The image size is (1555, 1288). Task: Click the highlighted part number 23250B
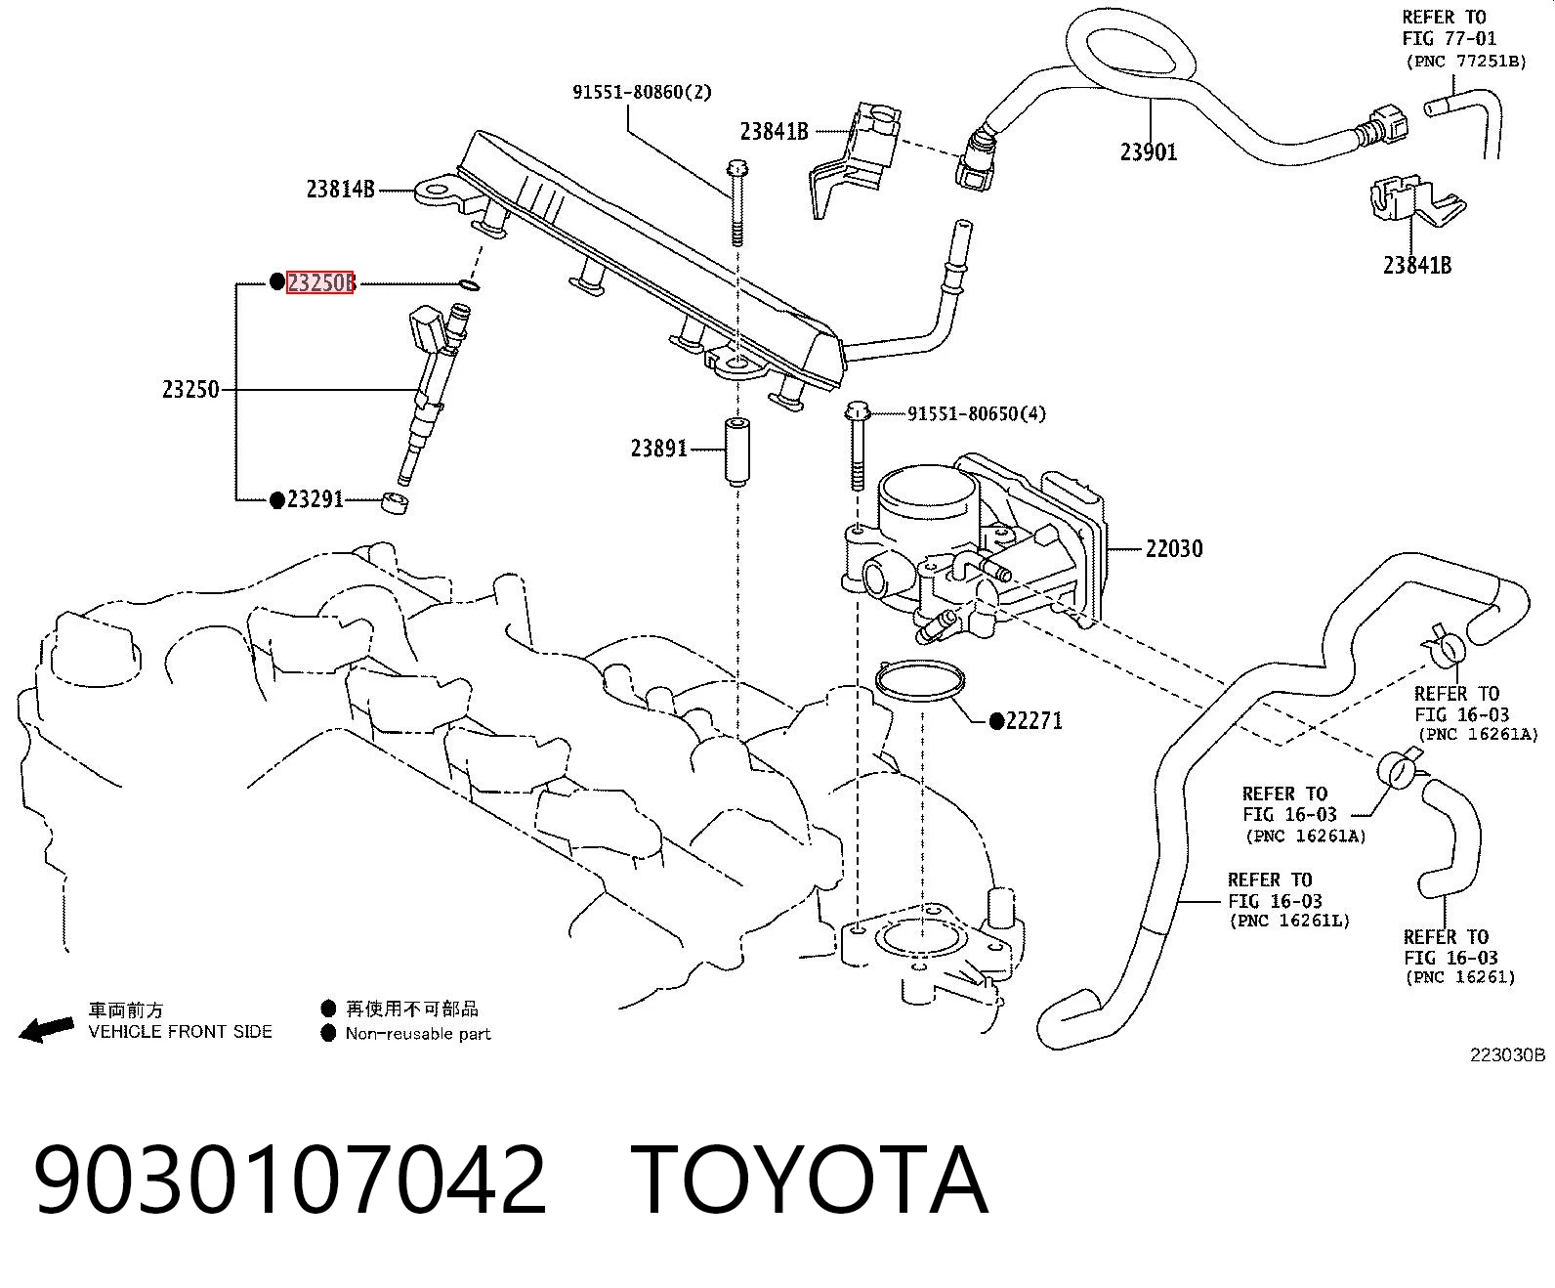point(320,282)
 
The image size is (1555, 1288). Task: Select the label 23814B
point(340,190)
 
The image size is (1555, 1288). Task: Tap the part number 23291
point(315,498)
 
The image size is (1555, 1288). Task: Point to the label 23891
point(658,448)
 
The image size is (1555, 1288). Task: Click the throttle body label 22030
point(1174,548)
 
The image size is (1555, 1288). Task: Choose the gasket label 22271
point(1033,721)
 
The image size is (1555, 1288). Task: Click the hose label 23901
point(1149,152)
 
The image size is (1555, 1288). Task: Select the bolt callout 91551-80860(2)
point(642,92)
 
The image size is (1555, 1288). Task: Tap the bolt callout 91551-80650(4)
point(977,413)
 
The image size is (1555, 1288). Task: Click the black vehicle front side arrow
point(46,1029)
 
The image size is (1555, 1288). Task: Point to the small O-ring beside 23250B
point(470,284)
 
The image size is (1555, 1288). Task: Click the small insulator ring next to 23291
point(395,503)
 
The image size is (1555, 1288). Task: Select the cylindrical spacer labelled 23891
point(737,452)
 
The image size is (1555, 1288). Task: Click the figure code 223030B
point(1507,1054)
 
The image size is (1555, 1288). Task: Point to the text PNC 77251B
point(1466,62)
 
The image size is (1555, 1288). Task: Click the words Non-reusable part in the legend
point(418,1033)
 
